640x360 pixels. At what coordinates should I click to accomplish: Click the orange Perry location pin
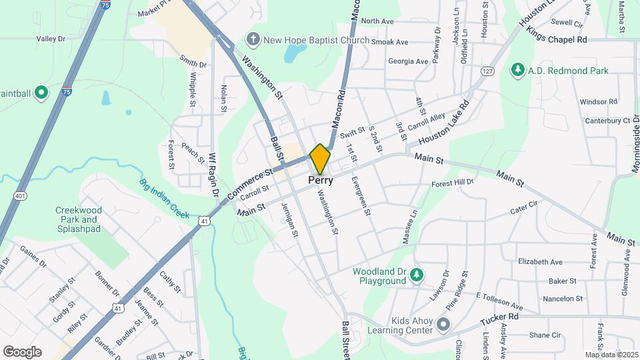coord(321,159)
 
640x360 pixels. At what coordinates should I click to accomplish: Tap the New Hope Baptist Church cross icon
coord(253,40)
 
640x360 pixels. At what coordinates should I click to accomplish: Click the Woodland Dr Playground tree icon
coord(417,275)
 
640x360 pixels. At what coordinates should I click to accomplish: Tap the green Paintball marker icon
coord(41,93)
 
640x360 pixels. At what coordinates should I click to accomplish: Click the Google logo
coord(22,352)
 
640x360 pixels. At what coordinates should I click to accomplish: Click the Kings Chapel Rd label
coord(556,39)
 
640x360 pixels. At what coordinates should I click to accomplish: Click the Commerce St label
coord(250,183)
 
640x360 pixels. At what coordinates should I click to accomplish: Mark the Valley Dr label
coord(51,39)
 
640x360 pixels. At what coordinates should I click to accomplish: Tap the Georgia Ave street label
coord(408,61)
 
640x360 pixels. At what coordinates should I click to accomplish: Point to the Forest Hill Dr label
coord(452,182)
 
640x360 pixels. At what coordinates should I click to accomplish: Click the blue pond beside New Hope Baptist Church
coord(294,53)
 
